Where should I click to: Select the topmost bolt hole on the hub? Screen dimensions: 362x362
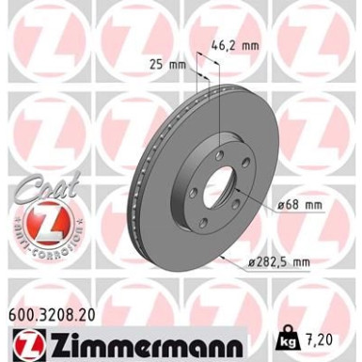pyautogui.click(x=218, y=153)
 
